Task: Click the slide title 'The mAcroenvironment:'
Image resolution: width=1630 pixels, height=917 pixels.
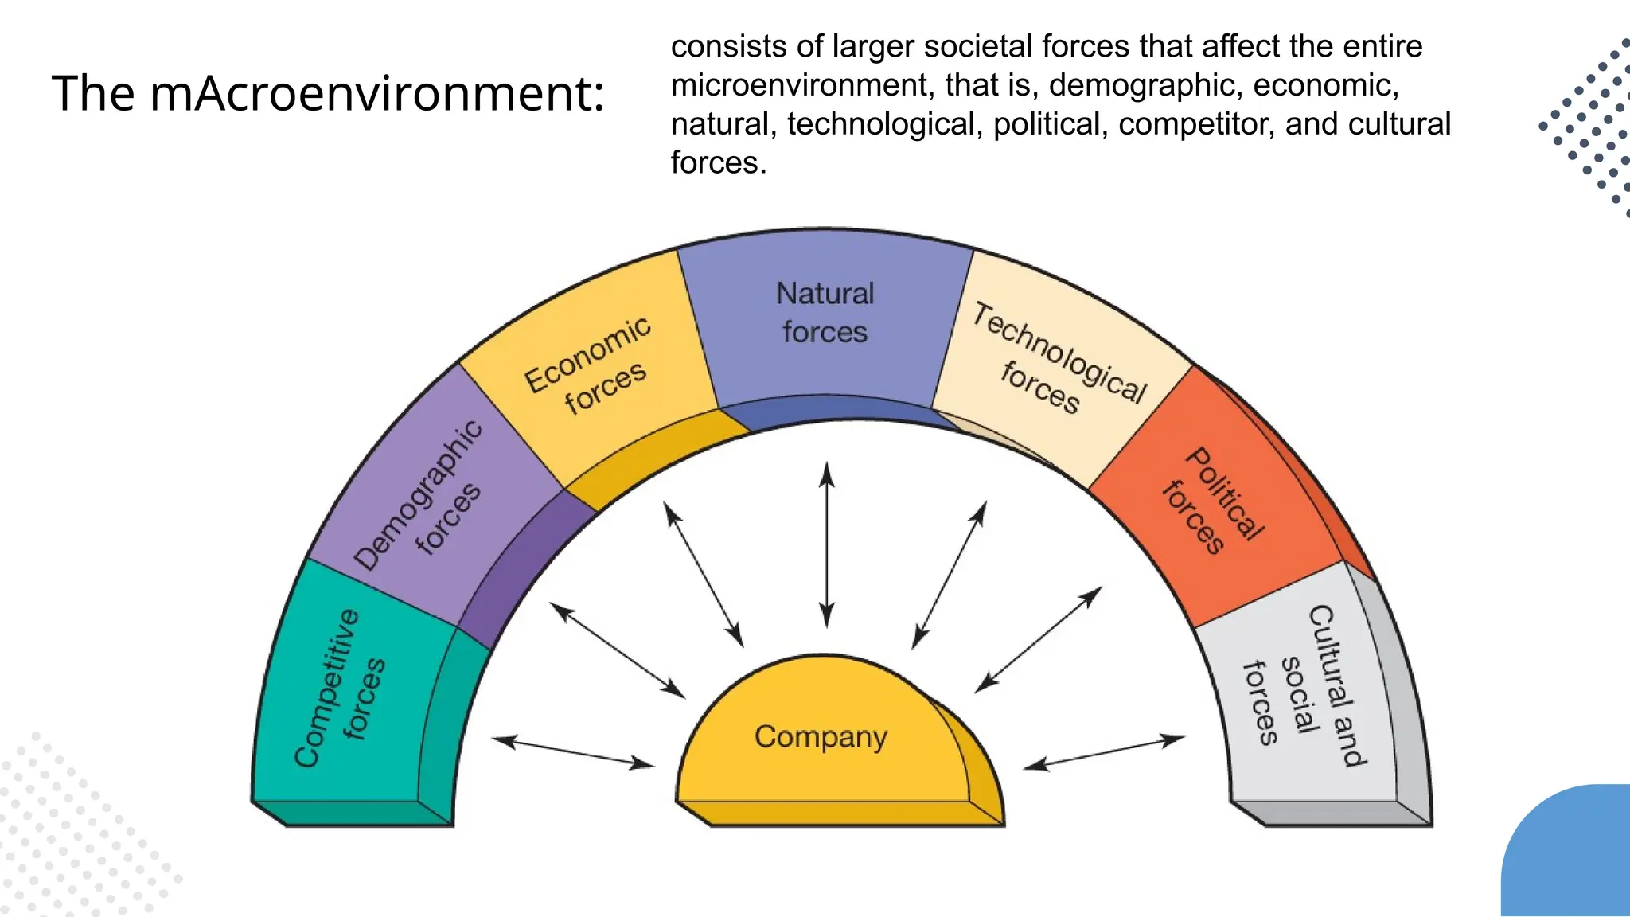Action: click(328, 93)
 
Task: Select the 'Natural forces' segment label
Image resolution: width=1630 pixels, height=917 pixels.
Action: click(825, 313)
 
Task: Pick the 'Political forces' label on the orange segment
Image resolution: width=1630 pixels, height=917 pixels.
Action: click(1213, 501)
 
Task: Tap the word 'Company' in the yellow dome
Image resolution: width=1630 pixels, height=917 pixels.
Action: click(821, 737)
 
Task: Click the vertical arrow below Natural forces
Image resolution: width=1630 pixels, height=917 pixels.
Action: click(827, 545)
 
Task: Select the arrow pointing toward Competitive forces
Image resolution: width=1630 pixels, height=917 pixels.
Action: click(574, 753)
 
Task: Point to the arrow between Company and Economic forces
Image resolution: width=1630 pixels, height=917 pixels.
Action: click(704, 575)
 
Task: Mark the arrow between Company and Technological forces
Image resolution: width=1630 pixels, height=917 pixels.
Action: click(950, 575)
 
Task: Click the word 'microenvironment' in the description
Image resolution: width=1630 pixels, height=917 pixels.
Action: click(801, 85)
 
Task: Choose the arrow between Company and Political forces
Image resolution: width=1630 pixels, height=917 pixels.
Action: click(1039, 639)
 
